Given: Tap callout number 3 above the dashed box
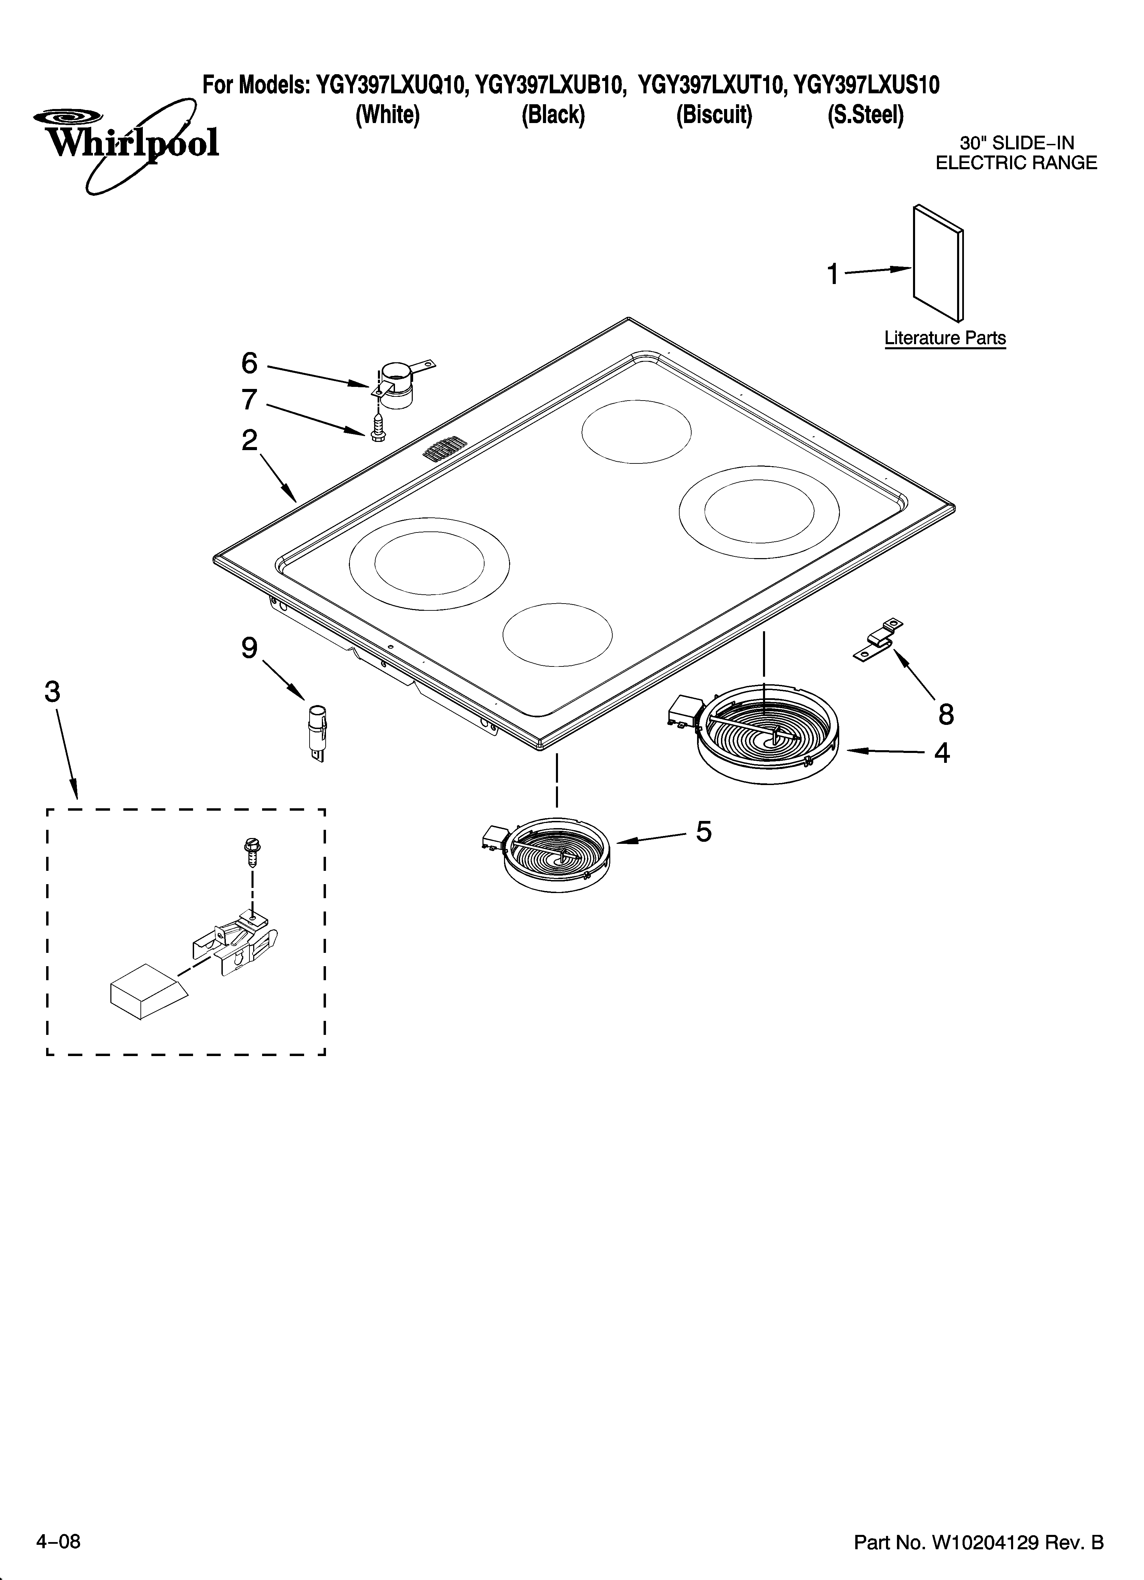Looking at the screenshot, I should (x=52, y=692).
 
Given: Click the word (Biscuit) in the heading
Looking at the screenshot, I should (x=714, y=115).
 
